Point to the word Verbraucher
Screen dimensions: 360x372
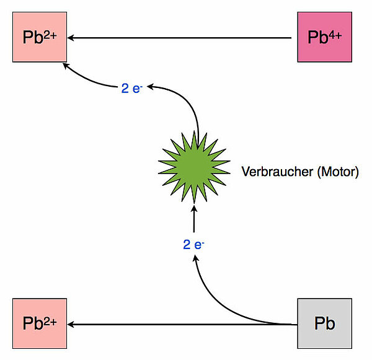[277, 172]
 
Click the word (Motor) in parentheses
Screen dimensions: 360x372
[337, 172]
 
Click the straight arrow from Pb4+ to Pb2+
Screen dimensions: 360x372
[180, 38]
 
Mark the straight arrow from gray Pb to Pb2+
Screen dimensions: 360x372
[180, 324]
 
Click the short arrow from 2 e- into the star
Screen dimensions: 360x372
[194, 220]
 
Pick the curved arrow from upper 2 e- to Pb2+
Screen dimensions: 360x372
[87, 77]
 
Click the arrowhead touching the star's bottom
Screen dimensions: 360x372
[194, 208]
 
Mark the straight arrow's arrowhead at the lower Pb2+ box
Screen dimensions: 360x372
[71, 324]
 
